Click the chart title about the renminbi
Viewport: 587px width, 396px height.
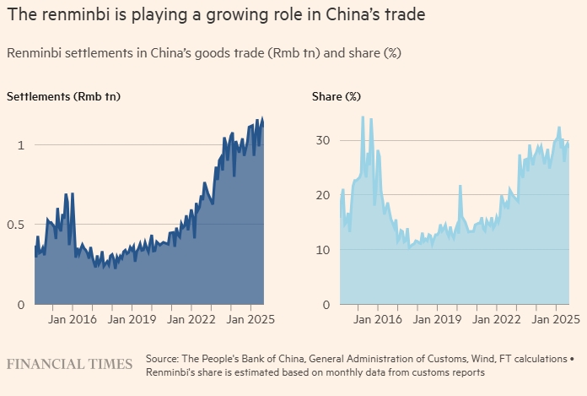point(214,16)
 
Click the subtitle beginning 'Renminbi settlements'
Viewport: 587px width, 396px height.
point(203,53)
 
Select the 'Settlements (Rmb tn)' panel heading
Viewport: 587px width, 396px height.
point(63,97)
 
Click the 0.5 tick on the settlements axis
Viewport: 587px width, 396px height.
point(15,225)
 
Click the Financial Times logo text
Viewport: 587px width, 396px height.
point(69,364)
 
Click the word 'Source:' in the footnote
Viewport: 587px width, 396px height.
point(163,358)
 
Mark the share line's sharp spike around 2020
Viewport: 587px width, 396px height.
point(460,187)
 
